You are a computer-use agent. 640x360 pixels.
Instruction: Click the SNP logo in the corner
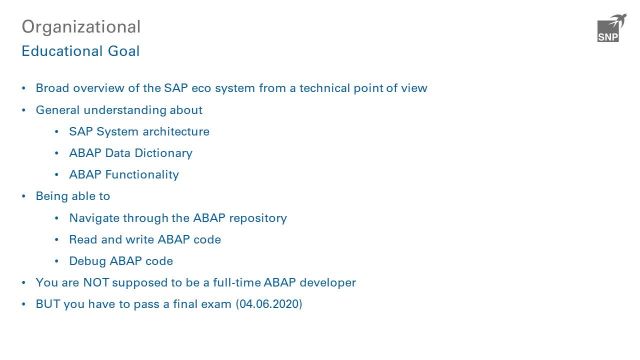point(608,30)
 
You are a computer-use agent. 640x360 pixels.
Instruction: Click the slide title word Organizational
point(81,27)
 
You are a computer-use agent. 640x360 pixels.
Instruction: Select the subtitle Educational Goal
point(81,50)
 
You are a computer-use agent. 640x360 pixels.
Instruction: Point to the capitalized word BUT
point(49,304)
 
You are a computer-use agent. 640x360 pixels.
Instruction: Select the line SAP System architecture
point(139,132)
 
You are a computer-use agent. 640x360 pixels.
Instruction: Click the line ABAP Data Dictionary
point(130,153)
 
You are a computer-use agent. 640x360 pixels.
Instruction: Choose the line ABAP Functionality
point(124,175)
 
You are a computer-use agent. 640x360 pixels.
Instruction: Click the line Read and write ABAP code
point(145,240)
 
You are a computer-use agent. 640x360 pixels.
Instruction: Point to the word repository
point(255,218)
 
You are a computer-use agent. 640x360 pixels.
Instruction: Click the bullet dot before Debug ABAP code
point(58,261)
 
